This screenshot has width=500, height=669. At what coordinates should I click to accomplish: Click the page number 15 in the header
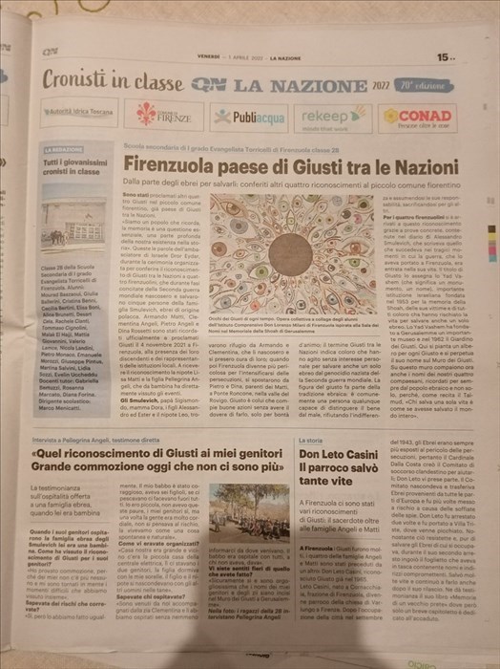tap(446, 56)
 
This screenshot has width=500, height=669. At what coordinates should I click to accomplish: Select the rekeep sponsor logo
tap(328, 115)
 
